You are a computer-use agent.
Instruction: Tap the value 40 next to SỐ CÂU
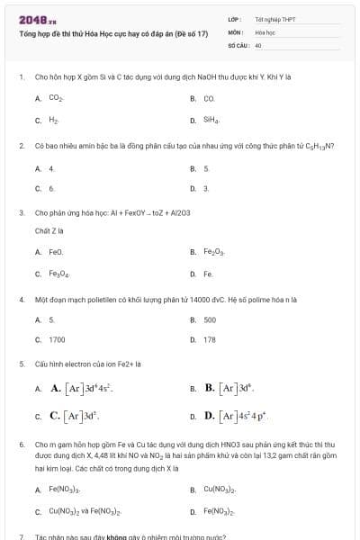pyautogui.click(x=258, y=44)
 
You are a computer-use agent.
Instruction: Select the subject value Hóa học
pyautogui.click(x=264, y=31)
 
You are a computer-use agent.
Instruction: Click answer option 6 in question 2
pyautogui.click(x=51, y=189)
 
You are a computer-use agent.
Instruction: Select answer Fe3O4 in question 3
pyautogui.click(x=58, y=274)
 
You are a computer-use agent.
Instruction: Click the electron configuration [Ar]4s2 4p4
pyautogui.click(x=244, y=417)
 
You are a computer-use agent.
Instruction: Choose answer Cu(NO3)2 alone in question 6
pyautogui.click(x=219, y=490)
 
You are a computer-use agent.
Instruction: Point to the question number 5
pyautogui.click(x=21, y=364)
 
